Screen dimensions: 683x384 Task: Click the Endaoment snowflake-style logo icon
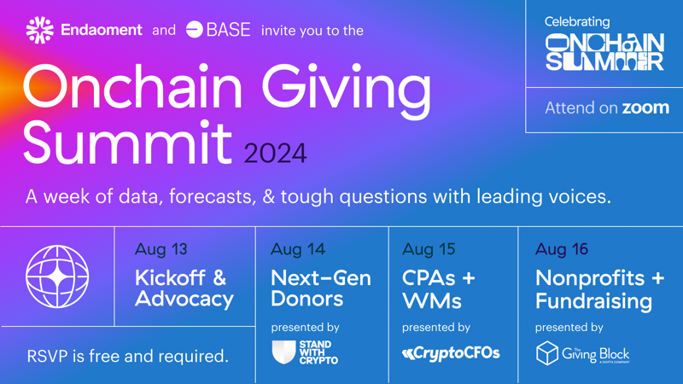click(39, 30)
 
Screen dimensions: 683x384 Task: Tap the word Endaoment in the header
click(102, 30)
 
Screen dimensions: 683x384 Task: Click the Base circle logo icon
click(195, 30)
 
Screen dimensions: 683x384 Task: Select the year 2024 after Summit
click(275, 154)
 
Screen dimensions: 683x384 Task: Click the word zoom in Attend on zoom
click(645, 108)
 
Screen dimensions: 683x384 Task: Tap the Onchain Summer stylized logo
click(605, 52)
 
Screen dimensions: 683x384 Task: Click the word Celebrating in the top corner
click(577, 22)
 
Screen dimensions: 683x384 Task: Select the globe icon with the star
click(57, 276)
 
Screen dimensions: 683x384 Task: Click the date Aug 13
click(161, 249)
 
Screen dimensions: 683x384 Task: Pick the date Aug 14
click(298, 249)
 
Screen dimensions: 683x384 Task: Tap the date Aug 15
click(429, 249)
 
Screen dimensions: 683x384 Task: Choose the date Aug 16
click(562, 249)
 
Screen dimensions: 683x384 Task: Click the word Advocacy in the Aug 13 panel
click(184, 300)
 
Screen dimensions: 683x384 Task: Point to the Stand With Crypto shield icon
click(283, 352)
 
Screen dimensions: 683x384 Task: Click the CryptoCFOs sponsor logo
click(451, 353)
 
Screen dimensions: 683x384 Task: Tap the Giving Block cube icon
click(547, 353)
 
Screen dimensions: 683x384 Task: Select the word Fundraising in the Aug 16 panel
click(594, 301)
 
